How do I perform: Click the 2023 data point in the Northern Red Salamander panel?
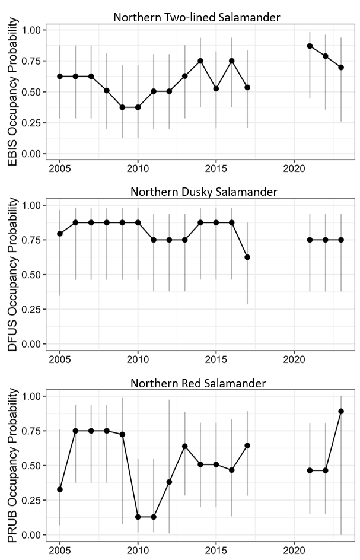pos(341,411)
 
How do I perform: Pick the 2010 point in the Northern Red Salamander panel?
pos(138,517)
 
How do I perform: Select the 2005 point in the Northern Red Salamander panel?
pos(60,489)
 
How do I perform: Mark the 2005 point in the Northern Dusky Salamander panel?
pos(60,234)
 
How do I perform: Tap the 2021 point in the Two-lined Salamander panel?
pos(310,46)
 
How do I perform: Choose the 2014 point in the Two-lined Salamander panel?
pos(200,61)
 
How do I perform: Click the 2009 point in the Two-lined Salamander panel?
pos(122,107)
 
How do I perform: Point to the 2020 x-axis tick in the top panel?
pos(294,168)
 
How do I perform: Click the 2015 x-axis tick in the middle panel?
pos(216,358)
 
